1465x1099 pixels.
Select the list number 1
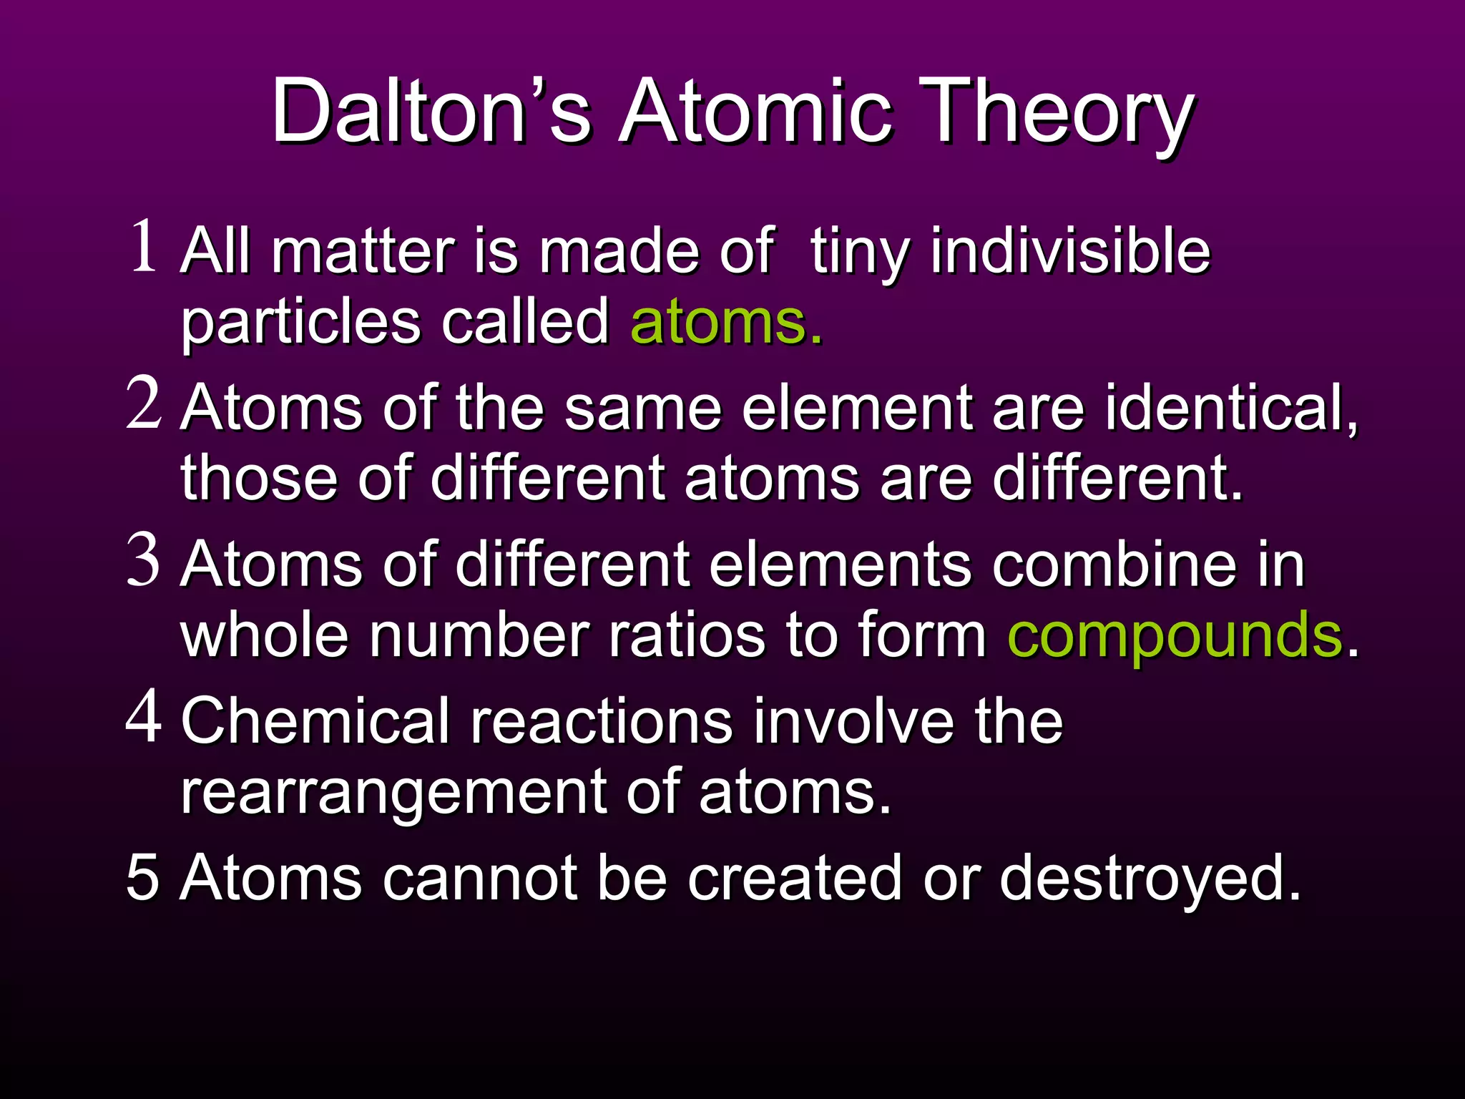(x=144, y=247)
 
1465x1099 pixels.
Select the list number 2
(x=144, y=404)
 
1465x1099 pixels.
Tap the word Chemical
(x=315, y=721)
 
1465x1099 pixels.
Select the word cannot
(x=479, y=879)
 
